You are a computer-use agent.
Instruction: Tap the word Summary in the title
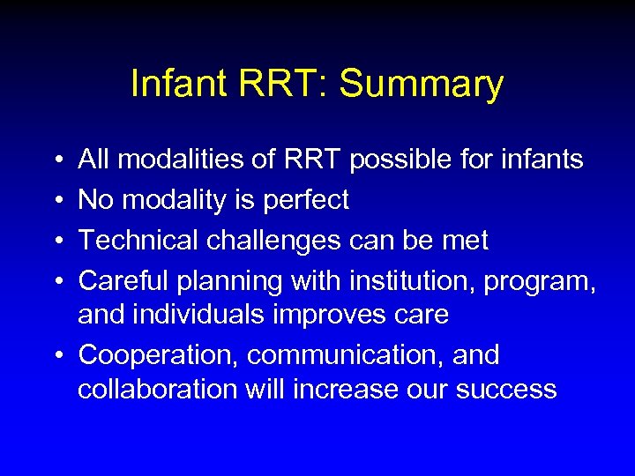(x=421, y=85)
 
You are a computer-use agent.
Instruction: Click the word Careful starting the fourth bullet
(x=123, y=280)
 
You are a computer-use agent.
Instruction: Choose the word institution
(x=400, y=280)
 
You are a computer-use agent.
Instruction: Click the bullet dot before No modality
(x=56, y=200)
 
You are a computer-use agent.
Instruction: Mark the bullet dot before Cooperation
(x=56, y=355)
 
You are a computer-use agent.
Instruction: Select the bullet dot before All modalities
(x=56, y=160)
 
